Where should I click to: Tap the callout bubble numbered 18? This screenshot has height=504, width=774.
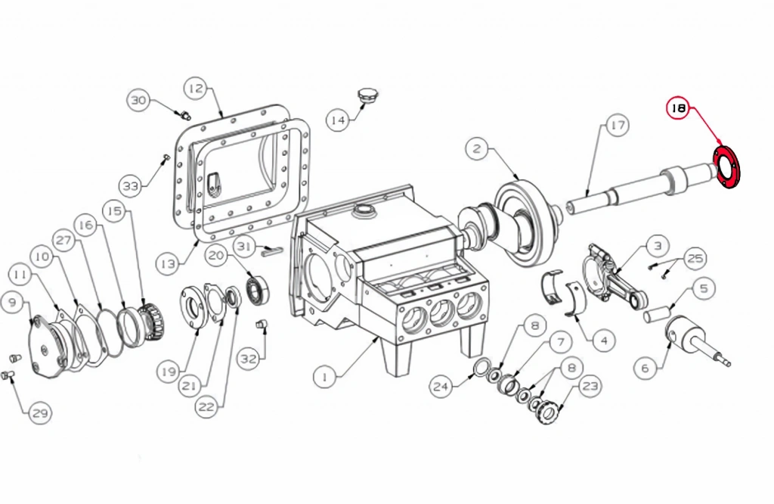(x=679, y=108)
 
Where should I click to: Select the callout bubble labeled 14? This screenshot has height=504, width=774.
(x=338, y=120)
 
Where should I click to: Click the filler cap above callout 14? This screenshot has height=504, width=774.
(x=367, y=95)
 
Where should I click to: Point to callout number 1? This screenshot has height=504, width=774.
(x=325, y=378)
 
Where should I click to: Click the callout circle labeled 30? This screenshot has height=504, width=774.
(x=139, y=101)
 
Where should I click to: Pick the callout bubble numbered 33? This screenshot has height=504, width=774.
(x=131, y=186)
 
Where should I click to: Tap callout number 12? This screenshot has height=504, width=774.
(x=196, y=89)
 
